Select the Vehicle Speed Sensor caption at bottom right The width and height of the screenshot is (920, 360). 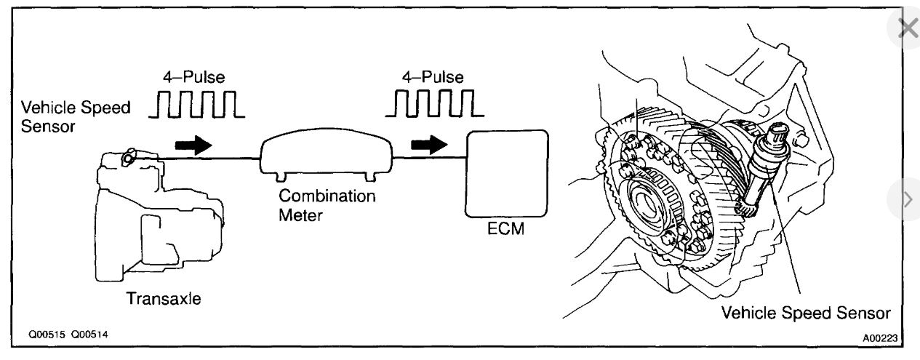(805, 313)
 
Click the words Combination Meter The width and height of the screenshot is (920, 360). (327, 205)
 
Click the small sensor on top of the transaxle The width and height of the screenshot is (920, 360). (128, 156)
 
